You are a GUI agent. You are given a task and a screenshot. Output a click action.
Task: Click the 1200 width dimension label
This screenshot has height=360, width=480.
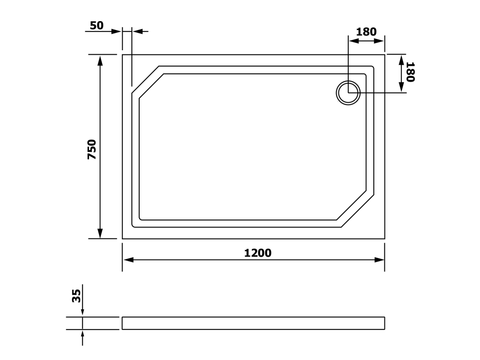[258, 253]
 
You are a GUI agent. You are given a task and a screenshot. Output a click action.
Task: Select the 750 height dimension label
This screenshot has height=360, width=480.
[92, 149]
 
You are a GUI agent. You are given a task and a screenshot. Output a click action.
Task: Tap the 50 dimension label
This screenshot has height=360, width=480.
[97, 25]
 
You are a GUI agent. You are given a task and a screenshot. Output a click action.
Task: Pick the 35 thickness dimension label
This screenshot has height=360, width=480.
[76, 296]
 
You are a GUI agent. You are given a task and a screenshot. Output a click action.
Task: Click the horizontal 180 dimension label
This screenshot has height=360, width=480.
[367, 32]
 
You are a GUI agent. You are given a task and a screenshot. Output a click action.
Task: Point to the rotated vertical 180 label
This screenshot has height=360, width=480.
[410, 72]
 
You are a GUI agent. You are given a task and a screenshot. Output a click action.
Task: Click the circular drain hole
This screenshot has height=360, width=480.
[348, 92]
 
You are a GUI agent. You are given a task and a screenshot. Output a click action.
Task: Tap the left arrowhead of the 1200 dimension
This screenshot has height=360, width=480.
[128, 260]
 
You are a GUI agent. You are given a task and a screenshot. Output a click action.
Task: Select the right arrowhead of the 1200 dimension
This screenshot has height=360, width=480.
[379, 260]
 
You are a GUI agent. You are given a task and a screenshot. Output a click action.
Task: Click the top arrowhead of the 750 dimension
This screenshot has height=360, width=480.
[100, 60]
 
